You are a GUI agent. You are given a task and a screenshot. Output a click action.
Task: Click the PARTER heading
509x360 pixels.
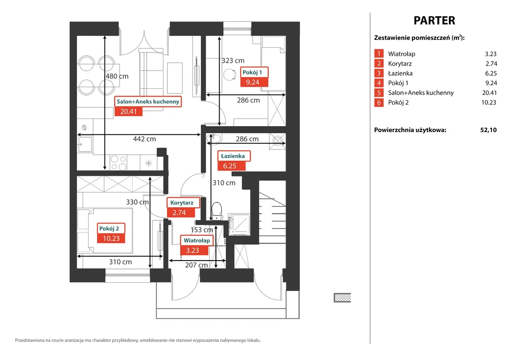coord(434,20)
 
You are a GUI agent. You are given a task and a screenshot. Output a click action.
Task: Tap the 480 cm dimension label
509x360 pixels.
coord(117,76)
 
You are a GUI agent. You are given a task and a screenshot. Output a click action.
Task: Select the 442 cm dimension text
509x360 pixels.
coord(144,139)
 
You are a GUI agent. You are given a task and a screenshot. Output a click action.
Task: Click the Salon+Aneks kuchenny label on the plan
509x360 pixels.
coord(148,101)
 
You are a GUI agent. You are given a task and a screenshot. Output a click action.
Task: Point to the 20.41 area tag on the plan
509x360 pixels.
coord(128,112)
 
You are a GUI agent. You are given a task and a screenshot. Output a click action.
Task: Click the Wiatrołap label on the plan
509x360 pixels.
coord(197,240)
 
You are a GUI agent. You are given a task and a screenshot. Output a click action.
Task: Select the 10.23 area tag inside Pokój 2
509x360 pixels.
coord(111,238)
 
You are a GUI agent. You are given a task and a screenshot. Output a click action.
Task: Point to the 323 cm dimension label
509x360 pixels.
coord(233,61)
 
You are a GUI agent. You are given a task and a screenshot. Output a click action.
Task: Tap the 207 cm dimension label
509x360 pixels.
coord(196,265)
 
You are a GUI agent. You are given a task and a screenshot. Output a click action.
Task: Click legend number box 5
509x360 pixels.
coord(379,93)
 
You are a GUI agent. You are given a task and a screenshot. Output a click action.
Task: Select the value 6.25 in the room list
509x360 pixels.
coord(491,73)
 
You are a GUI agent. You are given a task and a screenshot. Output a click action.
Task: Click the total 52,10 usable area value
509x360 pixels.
coord(488,130)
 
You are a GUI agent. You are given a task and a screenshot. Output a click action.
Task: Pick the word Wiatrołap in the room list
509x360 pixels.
coord(402,54)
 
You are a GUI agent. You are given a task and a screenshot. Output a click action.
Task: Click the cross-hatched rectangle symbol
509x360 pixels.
coord(342,298)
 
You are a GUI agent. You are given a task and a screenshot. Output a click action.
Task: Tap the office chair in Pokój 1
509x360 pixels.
coord(230,74)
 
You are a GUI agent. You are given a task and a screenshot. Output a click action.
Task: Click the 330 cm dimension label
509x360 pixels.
coord(137,202)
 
